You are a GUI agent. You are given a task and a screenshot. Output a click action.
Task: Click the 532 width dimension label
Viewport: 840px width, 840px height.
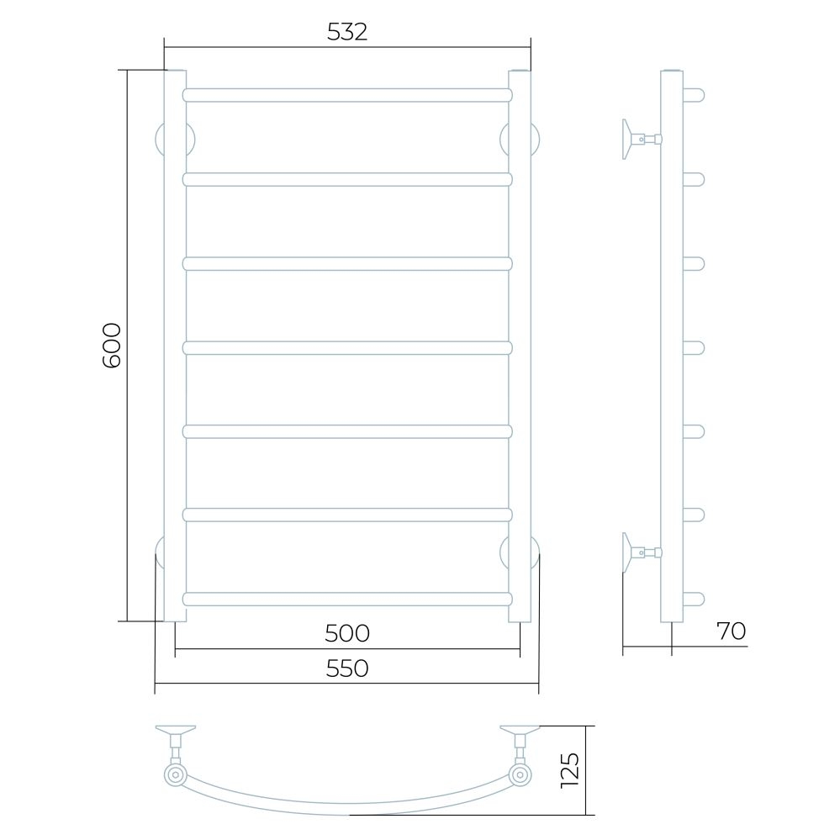point(347,32)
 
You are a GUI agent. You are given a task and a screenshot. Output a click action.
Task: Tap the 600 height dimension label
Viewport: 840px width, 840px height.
point(112,346)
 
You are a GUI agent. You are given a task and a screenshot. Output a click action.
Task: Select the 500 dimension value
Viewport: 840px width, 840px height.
point(347,633)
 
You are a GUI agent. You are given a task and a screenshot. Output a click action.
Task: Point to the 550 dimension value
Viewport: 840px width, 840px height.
point(347,668)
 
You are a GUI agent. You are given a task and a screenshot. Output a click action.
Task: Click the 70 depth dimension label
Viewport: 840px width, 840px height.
point(731,631)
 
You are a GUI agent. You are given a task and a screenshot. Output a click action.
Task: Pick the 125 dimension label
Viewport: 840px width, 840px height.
point(569,770)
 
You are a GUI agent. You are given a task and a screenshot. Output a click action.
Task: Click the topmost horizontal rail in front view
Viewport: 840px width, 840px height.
point(347,95)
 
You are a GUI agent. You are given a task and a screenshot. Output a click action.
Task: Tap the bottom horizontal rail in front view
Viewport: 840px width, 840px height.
point(347,599)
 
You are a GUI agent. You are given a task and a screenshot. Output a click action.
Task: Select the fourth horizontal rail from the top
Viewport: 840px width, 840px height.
point(347,347)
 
